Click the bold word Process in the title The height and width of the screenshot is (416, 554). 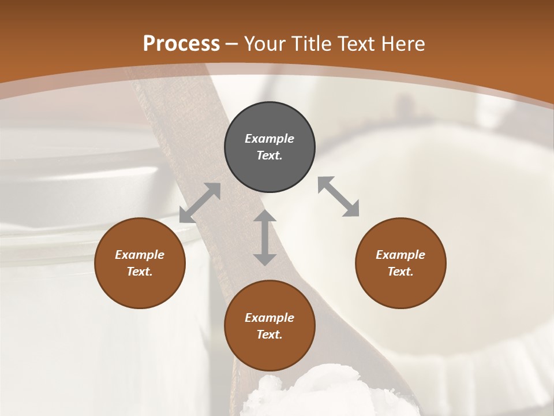click(181, 44)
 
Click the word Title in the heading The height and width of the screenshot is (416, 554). click(312, 44)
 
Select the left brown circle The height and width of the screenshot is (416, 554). click(140, 263)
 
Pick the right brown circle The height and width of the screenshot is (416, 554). click(400, 263)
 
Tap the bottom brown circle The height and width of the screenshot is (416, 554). click(269, 326)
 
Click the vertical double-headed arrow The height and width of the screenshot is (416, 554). click(265, 237)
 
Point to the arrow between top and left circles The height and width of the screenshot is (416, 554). click(200, 203)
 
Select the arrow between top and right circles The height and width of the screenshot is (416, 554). click(339, 197)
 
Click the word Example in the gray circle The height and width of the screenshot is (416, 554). click(269, 139)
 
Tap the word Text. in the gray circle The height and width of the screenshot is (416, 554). click(269, 155)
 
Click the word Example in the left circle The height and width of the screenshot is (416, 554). click(140, 255)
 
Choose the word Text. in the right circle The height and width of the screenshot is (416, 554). click(400, 272)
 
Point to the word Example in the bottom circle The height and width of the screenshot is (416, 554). click(269, 318)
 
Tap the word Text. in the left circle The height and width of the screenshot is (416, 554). click(140, 272)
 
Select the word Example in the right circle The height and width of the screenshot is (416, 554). click(400, 255)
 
